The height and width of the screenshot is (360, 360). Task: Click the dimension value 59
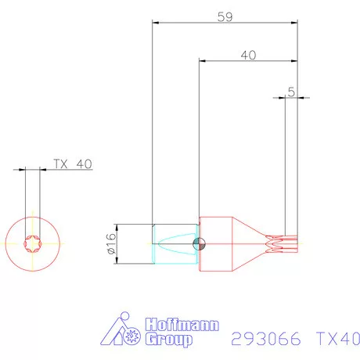225,16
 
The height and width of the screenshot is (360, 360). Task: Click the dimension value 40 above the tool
248,56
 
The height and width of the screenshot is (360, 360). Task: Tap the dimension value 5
291,92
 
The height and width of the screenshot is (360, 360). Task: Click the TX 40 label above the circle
73,164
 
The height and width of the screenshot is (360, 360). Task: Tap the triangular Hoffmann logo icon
124,332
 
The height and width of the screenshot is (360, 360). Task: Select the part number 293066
267,340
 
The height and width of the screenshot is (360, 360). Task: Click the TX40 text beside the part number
337,340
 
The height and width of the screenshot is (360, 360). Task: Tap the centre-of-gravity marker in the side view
200,243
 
